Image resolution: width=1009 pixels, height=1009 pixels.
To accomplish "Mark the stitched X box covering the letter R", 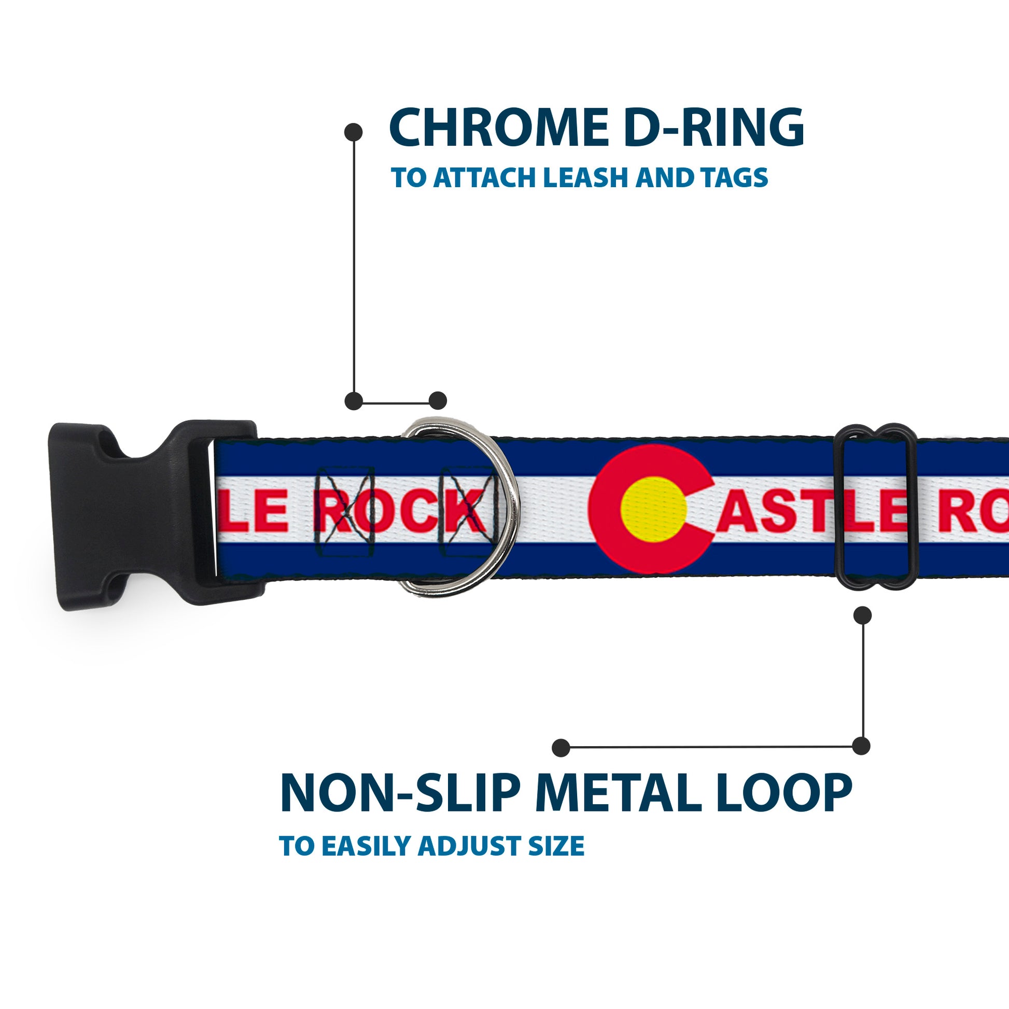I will click(x=345, y=511).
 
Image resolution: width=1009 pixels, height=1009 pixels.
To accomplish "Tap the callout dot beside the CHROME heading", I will click(x=354, y=132).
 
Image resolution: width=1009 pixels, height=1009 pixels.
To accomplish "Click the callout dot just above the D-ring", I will click(x=437, y=401).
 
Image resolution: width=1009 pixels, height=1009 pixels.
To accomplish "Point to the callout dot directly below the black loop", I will click(x=862, y=615).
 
